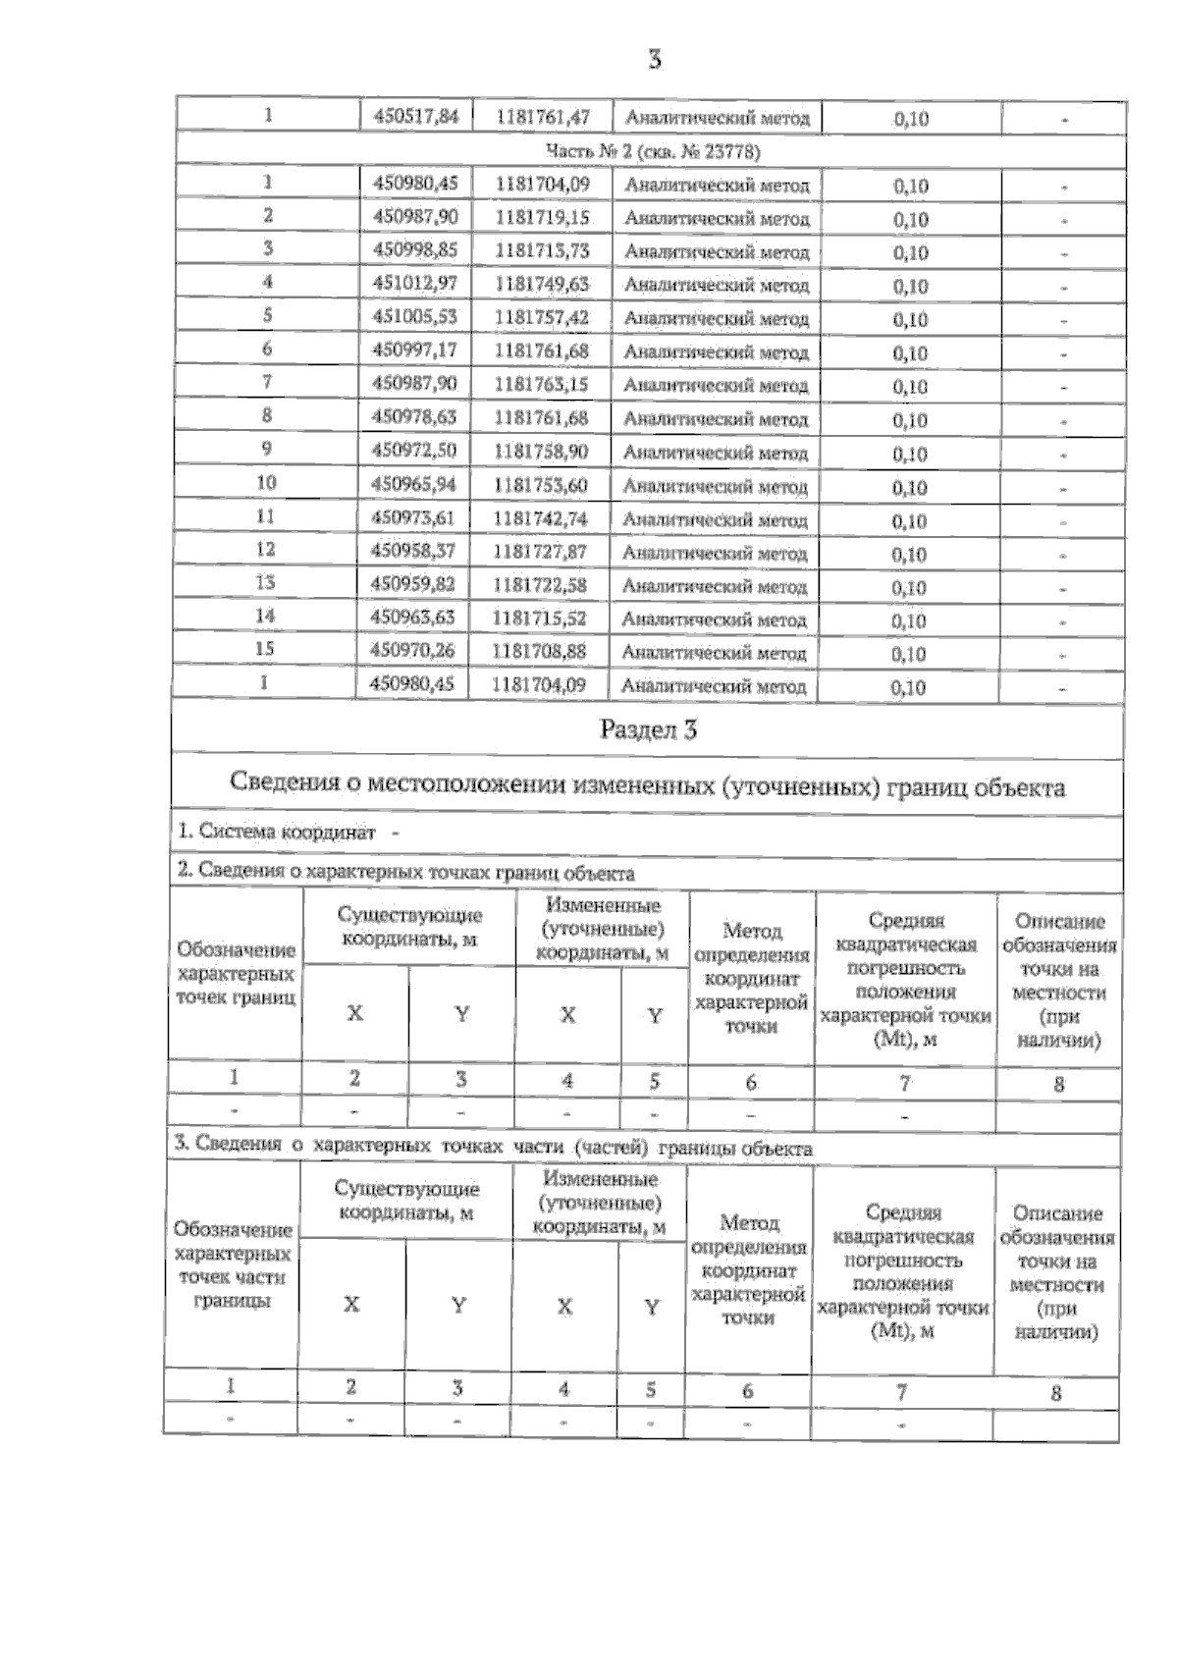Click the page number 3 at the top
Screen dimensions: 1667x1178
pyautogui.click(x=655, y=60)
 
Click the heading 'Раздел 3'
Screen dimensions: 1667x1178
pyautogui.click(x=648, y=730)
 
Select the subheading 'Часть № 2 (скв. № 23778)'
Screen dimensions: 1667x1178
pyautogui.click(x=652, y=151)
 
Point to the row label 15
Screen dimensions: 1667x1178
pyautogui.click(x=265, y=649)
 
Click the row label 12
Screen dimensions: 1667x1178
pyautogui.click(x=265, y=550)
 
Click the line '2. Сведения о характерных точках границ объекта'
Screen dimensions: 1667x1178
pyautogui.click(x=405, y=872)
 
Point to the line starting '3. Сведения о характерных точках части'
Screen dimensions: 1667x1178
pyautogui.click(x=493, y=1147)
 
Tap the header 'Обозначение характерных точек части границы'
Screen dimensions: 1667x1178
pyautogui.click(x=233, y=1265)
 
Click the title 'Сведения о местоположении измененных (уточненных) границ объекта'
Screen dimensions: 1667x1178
pyautogui.click(x=647, y=785)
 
